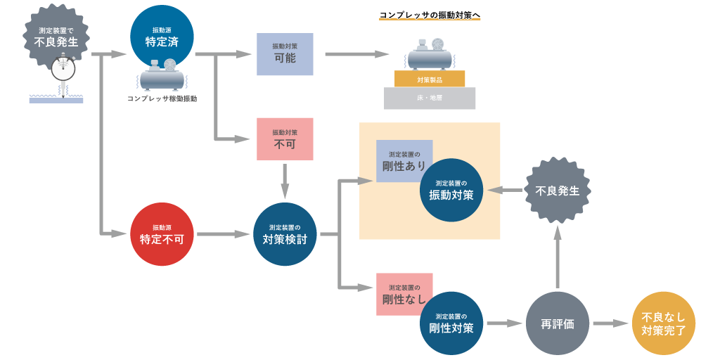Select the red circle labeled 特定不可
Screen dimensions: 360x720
(x=162, y=234)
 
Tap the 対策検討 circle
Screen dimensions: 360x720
(x=285, y=234)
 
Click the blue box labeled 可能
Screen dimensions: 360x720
(x=285, y=54)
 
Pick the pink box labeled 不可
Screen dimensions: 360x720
(x=285, y=139)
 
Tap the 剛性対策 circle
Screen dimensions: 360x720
(x=451, y=323)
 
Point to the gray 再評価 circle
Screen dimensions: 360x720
(x=558, y=323)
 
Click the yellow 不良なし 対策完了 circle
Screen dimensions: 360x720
(x=664, y=323)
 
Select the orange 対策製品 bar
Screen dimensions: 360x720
(x=430, y=79)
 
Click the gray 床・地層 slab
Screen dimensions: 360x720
(x=430, y=98)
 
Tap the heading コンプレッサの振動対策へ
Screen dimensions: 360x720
(x=430, y=15)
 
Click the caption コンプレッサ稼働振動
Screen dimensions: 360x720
(x=162, y=99)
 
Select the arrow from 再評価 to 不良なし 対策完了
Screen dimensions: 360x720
(x=610, y=323)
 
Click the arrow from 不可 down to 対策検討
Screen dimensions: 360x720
(x=285, y=181)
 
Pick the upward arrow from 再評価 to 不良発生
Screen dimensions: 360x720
(x=558, y=257)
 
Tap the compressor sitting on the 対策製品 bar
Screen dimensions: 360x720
(x=430, y=55)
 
